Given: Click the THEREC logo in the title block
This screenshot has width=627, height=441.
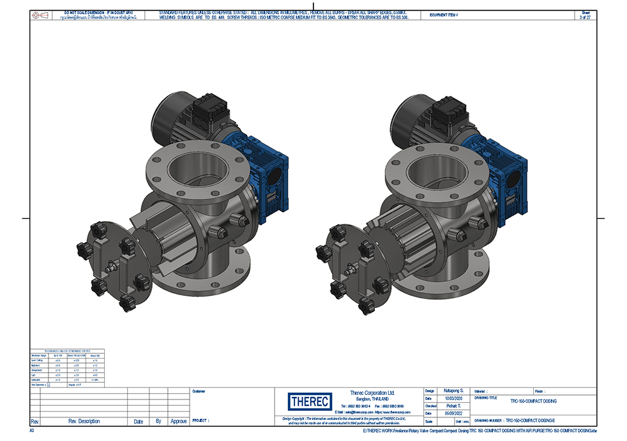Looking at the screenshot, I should click(310, 401).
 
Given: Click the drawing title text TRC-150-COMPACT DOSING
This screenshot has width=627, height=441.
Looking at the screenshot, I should click(533, 401).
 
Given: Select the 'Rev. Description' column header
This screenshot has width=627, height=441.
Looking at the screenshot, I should click(84, 421).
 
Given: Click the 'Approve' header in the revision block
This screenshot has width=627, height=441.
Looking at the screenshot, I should click(179, 421).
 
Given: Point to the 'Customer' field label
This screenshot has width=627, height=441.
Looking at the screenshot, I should click(199, 391).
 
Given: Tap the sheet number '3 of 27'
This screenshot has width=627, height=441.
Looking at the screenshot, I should click(585, 17).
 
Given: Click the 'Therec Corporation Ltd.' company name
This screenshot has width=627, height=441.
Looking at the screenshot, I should click(372, 392).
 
